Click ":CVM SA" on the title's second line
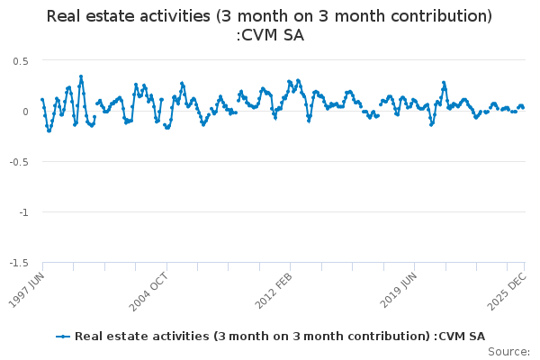click(270, 35)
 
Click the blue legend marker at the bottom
click(62, 336)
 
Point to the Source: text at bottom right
click(508, 351)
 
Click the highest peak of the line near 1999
click(81, 76)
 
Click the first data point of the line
click(42, 100)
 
